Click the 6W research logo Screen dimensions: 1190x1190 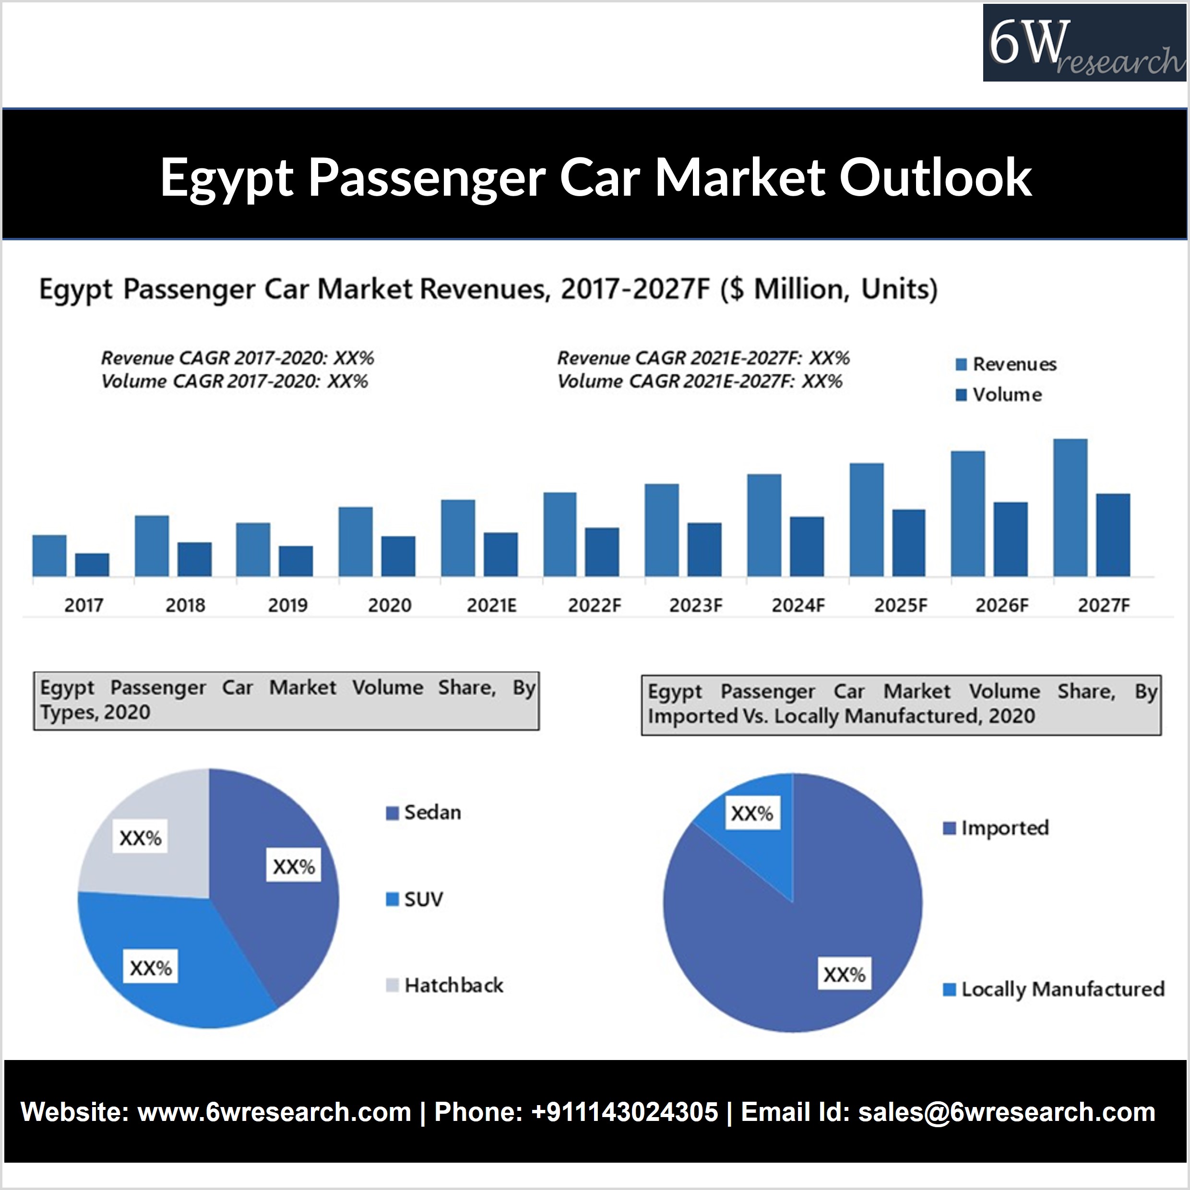point(1084,43)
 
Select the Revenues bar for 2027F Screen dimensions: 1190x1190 point(1070,507)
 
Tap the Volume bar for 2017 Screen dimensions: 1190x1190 point(92,565)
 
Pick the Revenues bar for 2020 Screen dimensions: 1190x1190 point(356,542)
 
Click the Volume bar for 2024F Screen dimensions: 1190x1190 point(807,546)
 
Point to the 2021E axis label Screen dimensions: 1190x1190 point(491,605)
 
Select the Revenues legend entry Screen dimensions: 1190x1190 point(1006,364)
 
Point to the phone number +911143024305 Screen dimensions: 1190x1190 point(624,1112)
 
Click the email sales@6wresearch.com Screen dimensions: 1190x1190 point(1006,1112)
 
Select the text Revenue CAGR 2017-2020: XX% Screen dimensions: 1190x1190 point(237,358)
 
